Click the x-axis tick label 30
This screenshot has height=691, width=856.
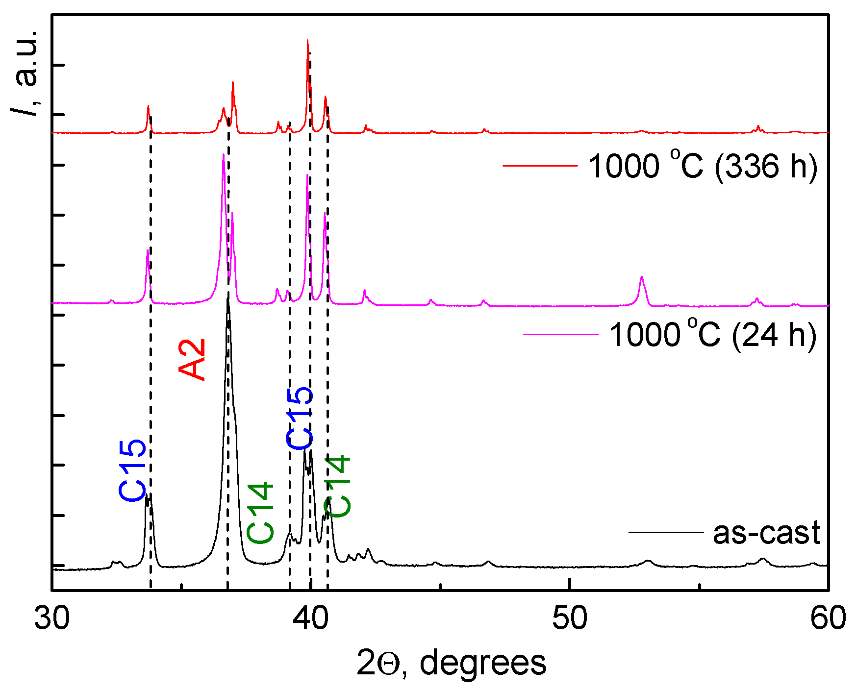pyautogui.click(x=51, y=618)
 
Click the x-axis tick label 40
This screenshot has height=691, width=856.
pyautogui.click(x=310, y=618)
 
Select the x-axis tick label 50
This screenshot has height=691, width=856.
pyautogui.click(x=570, y=618)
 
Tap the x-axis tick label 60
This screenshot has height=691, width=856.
pyautogui.click(x=828, y=618)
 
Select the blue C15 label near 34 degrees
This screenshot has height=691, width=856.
pyautogui.click(x=132, y=469)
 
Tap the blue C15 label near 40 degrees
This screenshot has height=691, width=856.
pyautogui.click(x=300, y=418)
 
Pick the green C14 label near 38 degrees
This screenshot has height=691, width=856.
pyautogui.click(x=260, y=513)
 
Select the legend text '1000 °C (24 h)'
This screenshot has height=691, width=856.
pyautogui.click(x=712, y=335)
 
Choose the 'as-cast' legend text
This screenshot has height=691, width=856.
pyautogui.click(x=766, y=533)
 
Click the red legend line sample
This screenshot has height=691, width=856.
pyautogui.click(x=540, y=166)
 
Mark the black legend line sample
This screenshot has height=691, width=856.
pyautogui.click(x=665, y=532)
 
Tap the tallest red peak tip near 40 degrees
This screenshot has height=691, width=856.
pyautogui.click(x=307, y=41)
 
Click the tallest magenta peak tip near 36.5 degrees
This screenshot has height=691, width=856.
pyautogui.click(x=224, y=155)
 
